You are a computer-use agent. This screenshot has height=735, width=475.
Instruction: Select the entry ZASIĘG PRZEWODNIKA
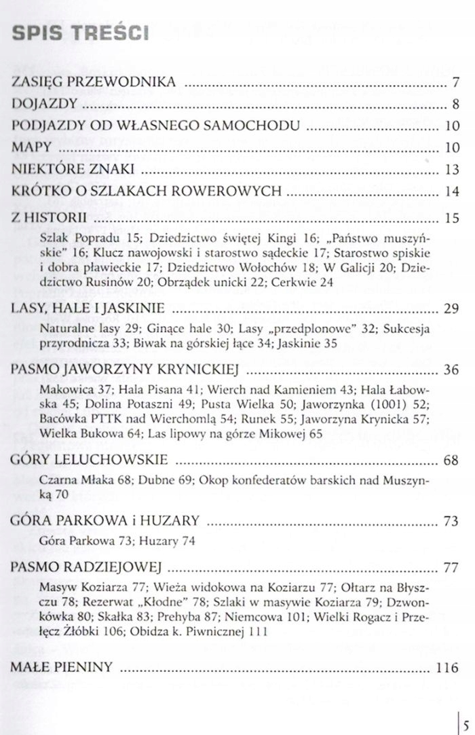point(94,83)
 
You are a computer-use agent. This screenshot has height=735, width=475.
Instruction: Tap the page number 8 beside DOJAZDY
point(455,105)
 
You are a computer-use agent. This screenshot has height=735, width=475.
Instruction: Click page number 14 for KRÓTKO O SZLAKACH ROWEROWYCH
point(453,192)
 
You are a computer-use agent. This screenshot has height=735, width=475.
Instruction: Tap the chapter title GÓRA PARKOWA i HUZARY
point(106,521)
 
